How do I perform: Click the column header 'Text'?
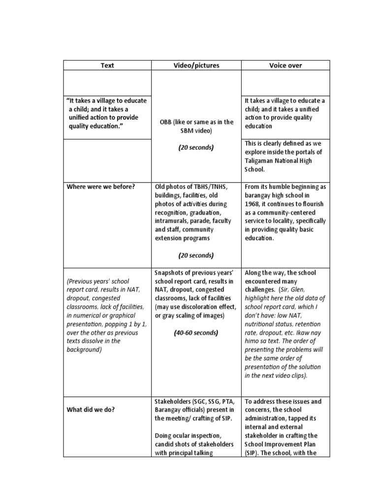[107, 65]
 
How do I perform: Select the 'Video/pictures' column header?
[196, 65]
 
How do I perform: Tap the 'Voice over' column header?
[285, 65]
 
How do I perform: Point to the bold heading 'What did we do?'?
[91, 409]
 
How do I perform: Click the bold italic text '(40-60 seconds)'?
[196, 333]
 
